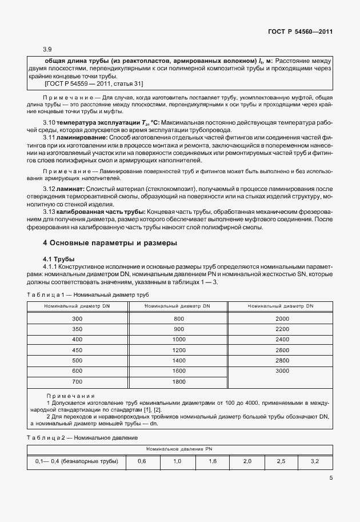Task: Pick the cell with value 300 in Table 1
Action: [77, 318]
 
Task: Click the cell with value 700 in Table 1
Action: [77, 381]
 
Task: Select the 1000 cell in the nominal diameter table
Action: [179, 339]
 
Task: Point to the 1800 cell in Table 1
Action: [179, 381]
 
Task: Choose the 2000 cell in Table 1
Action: [282, 318]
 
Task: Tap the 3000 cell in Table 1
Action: [282, 371]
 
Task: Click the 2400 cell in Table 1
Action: [282, 339]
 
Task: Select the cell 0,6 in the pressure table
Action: [142, 461]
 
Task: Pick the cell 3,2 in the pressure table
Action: [315, 461]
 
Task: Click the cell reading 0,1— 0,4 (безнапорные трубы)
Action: [77, 461]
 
